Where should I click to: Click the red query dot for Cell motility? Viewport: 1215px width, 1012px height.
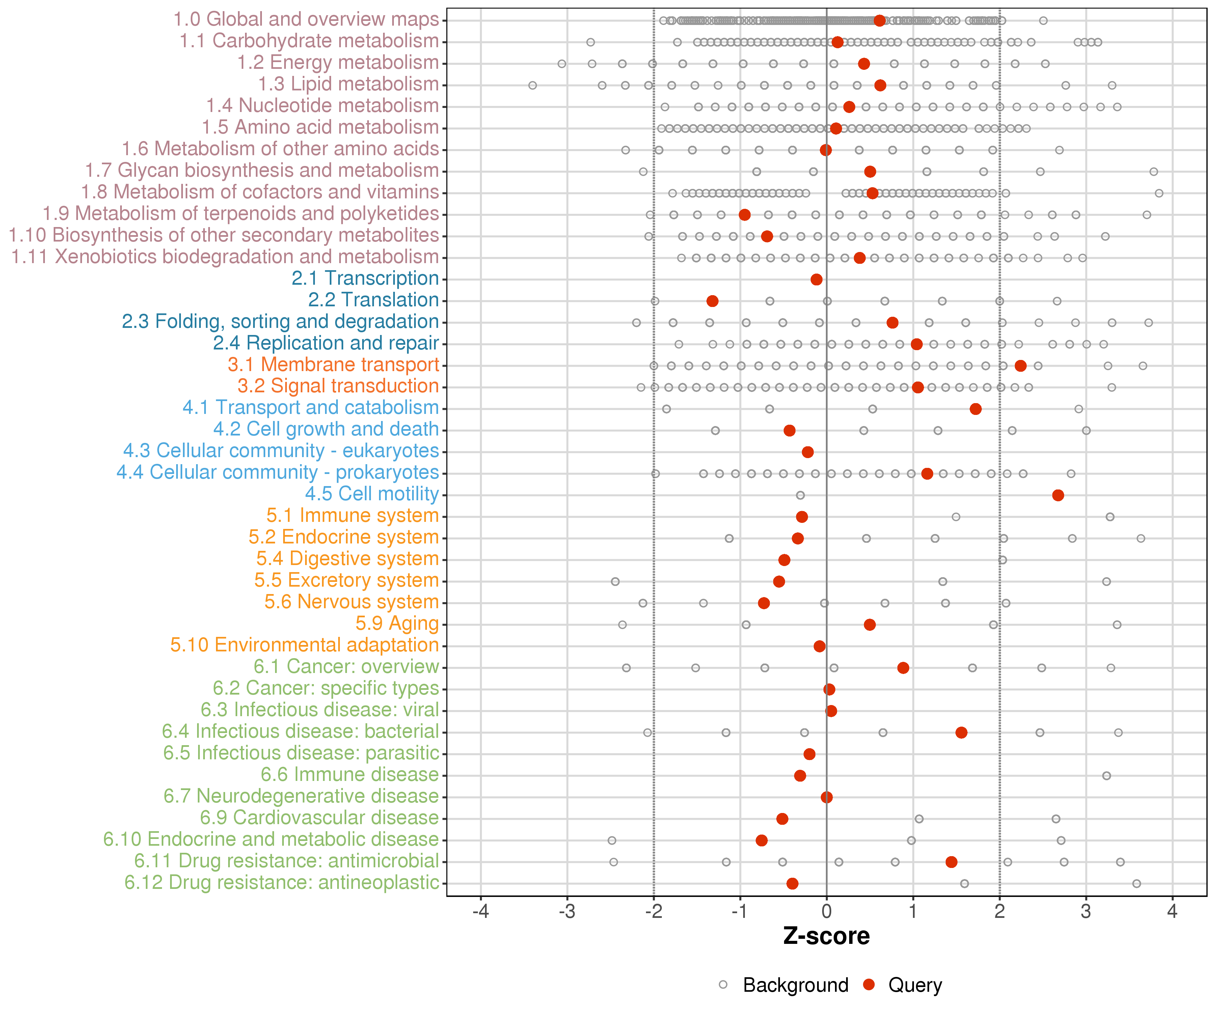1058,495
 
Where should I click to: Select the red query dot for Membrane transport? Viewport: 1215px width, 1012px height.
1021,365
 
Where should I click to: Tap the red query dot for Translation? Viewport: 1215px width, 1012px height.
712,301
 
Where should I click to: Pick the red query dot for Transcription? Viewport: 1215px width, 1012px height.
816,279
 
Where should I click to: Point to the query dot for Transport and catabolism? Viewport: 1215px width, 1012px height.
975,409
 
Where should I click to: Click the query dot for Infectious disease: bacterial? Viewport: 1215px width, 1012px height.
961,733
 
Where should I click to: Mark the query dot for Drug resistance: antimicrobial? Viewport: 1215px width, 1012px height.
951,862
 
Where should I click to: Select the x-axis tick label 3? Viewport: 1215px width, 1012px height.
1086,912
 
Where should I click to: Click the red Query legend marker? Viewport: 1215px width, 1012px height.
868,984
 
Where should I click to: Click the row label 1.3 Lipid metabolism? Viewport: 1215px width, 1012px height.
348,84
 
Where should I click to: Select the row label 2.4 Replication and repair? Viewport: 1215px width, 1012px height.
326,343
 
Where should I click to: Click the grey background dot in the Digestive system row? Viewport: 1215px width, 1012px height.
1002,560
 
